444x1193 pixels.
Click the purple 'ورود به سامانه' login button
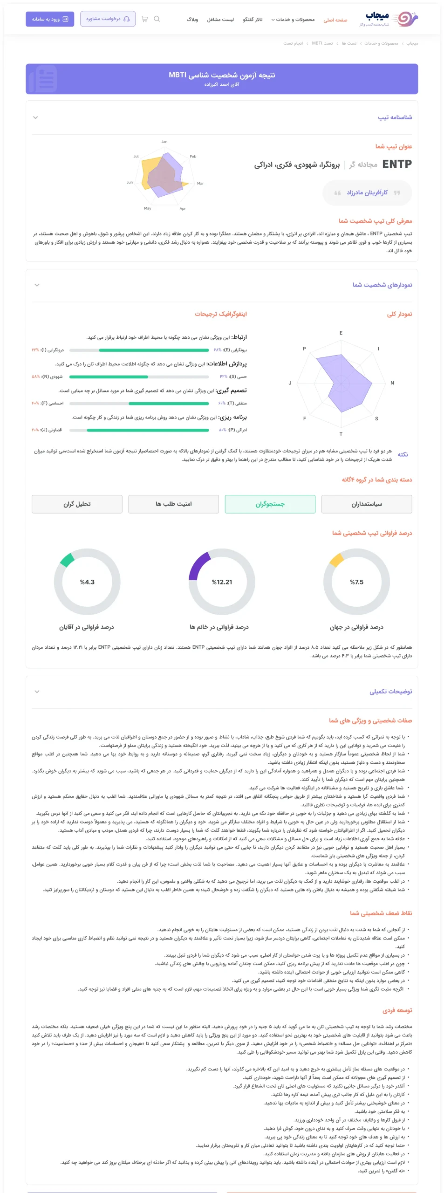point(50,19)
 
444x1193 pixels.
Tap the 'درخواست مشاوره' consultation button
point(108,19)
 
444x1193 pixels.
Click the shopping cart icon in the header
point(144,19)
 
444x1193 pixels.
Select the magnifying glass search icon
point(157,19)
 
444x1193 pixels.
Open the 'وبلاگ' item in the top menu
point(192,20)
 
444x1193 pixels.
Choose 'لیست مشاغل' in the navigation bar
point(220,20)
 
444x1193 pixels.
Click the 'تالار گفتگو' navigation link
point(253,20)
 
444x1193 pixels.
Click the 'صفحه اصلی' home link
point(335,20)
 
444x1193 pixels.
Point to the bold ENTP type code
point(397,164)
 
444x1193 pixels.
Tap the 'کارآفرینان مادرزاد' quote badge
point(367,192)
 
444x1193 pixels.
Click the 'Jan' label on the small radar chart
point(164,142)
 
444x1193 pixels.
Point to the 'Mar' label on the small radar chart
point(200,184)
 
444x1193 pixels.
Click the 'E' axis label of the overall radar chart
point(341,333)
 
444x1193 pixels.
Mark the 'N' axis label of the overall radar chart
point(392,383)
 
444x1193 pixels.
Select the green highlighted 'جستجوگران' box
point(270,504)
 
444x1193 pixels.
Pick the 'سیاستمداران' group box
point(367,504)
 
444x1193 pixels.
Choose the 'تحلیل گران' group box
point(77,504)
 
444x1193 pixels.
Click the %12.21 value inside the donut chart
point(222,582)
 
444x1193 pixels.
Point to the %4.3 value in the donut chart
point(87,582)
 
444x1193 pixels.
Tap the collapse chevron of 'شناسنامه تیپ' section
point(35,117)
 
